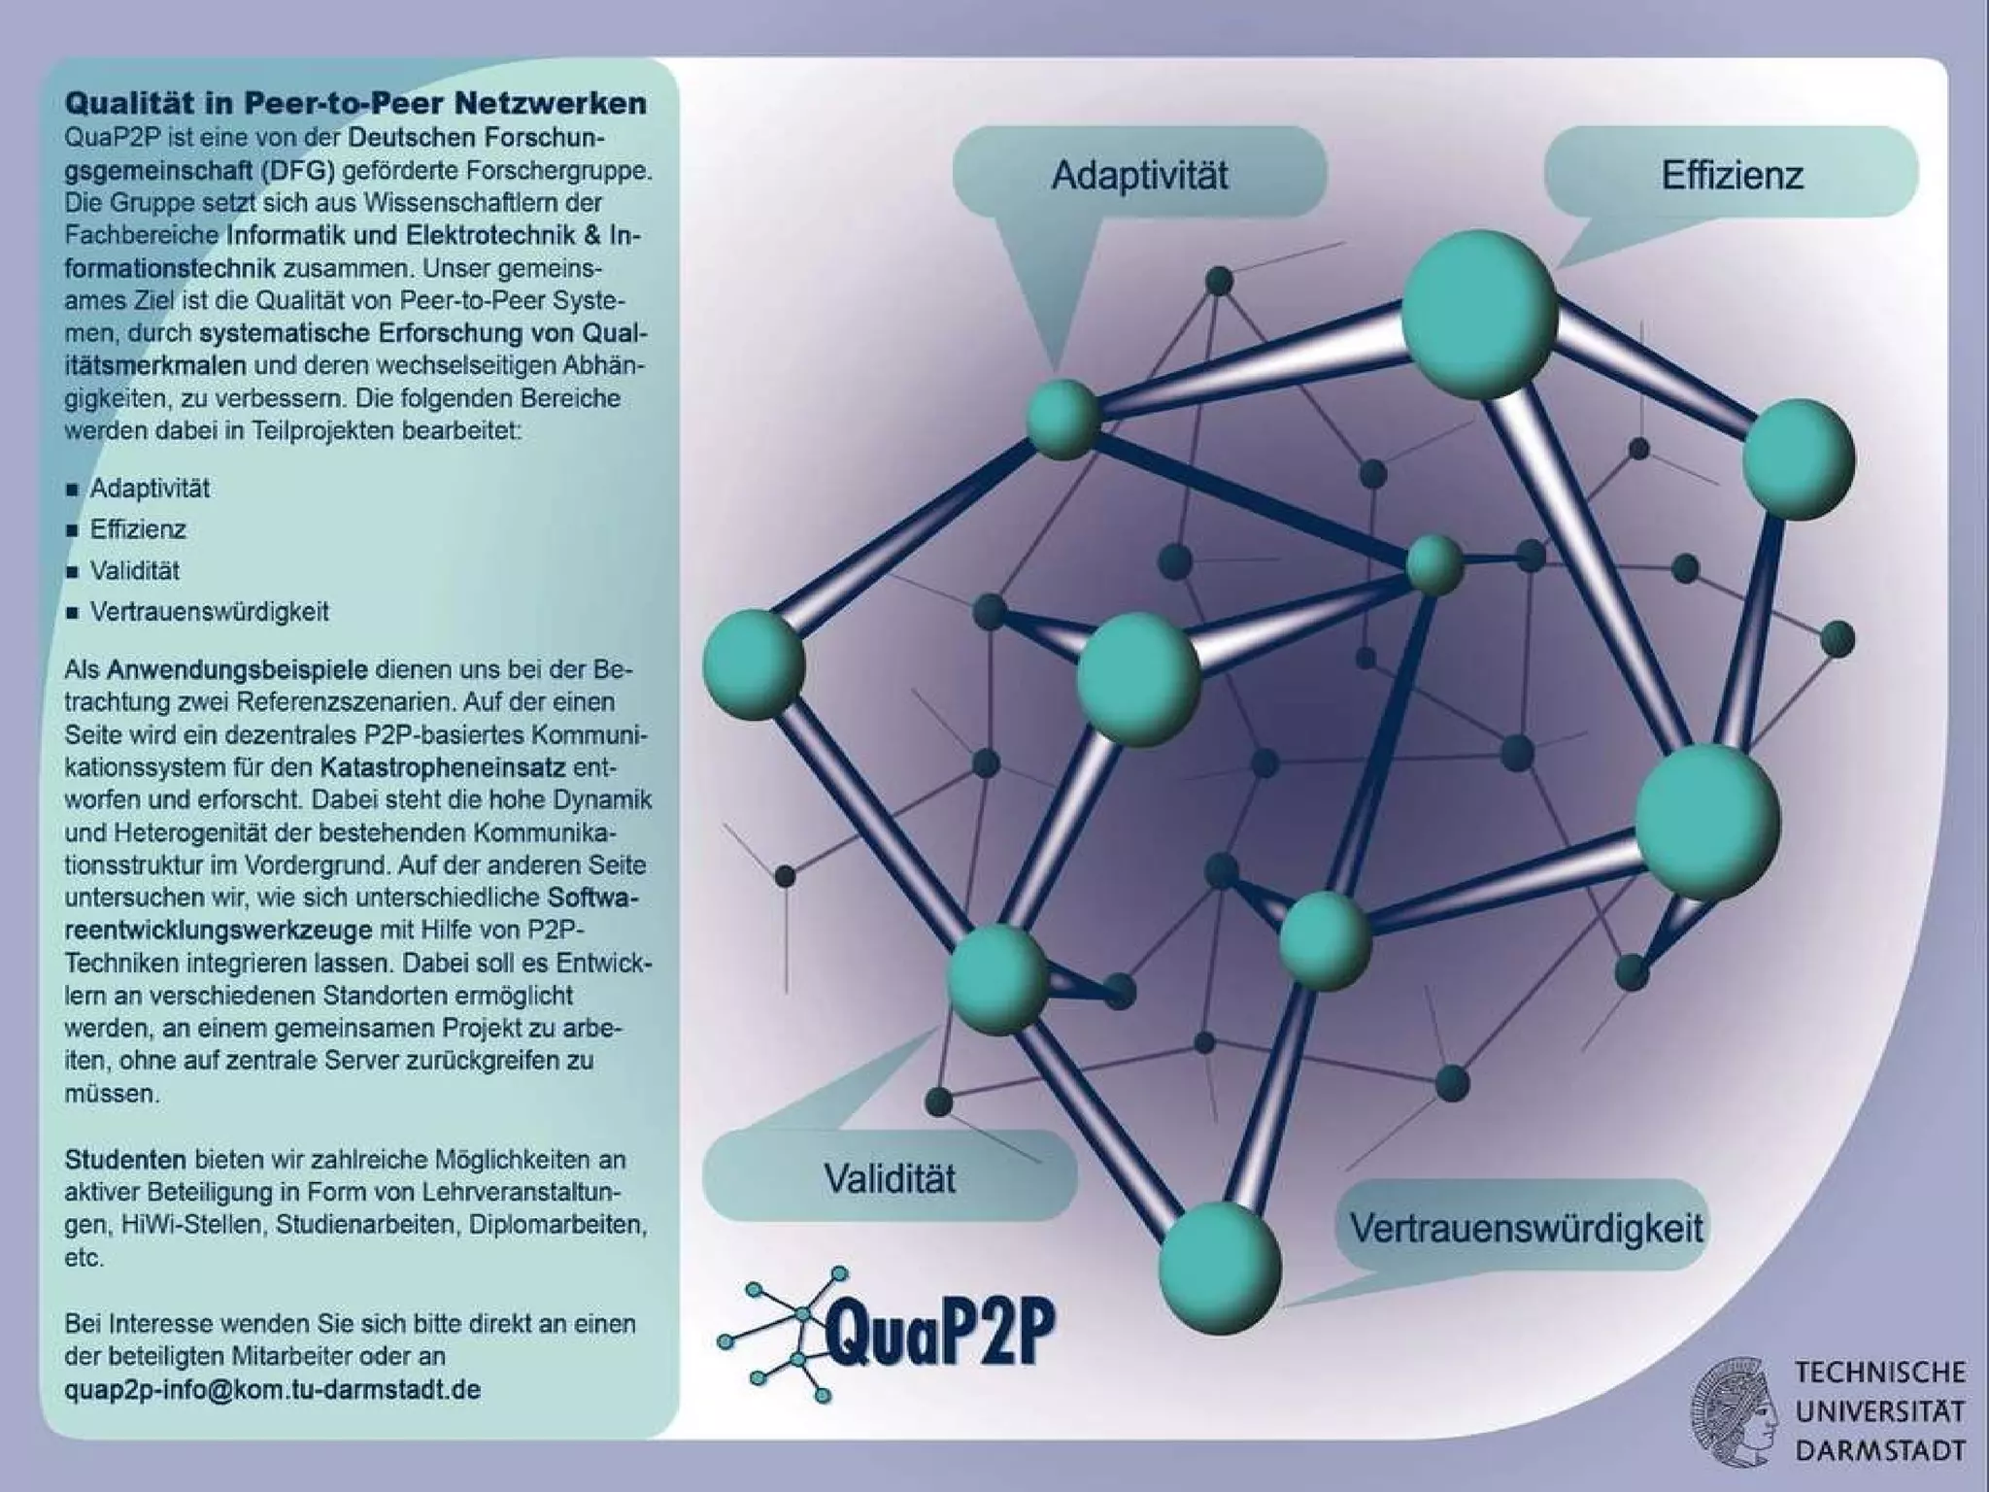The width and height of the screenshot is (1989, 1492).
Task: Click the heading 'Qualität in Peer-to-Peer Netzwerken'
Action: point(355,103)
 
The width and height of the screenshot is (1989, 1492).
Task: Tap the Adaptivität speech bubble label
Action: point(1139,176)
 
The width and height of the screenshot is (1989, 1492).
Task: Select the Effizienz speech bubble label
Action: point(1732,176)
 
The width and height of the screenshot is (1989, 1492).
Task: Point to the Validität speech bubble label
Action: point(890,1178)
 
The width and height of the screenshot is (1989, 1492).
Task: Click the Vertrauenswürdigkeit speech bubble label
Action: point(1526,1228)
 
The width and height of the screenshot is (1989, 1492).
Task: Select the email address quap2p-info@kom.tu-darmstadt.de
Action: point(273,1389)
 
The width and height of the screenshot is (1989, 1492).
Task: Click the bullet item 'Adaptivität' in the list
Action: point(150,488)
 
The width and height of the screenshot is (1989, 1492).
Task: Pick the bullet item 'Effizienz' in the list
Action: point(138,529)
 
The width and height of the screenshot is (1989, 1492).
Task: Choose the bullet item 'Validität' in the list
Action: point(135,570)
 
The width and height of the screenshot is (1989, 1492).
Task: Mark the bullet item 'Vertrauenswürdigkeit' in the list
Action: point(209,612)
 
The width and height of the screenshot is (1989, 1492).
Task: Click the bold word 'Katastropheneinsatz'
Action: point(443,766)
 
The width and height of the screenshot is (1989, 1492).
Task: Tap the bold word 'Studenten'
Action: point(125,1159)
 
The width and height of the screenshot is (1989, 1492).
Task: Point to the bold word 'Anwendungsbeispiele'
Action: point(238,668)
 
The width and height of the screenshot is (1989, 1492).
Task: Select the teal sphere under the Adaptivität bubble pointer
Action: point(1062,420)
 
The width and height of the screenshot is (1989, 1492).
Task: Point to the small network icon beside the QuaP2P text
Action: point(779,1333)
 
